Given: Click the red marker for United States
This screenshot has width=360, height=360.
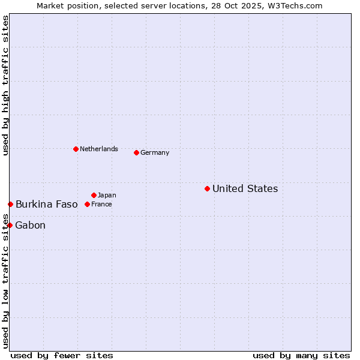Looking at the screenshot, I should (207, 188).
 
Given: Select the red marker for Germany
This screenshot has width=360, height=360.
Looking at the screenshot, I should (136, 152).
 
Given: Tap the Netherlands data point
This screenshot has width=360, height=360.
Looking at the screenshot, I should (76, 149).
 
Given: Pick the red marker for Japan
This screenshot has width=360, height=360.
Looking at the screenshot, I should (94, 195).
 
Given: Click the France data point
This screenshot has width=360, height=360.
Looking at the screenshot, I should (87, 204).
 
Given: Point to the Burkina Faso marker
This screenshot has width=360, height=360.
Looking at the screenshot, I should (10, 204).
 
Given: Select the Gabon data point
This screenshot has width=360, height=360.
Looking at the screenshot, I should (10, 225).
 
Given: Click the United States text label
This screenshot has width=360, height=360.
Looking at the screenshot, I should (245, 188).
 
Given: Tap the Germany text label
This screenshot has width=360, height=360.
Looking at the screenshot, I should (155, 152).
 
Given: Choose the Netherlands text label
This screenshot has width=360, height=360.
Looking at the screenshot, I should (98, 149).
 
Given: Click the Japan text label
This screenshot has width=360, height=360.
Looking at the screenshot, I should (107, 195).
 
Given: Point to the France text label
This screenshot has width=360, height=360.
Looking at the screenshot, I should (101, 204).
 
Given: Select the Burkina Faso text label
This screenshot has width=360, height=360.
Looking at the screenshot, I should (46, 204).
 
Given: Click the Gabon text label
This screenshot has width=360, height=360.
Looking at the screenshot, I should (30, 225).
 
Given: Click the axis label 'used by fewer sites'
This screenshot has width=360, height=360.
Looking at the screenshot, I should (62, 355).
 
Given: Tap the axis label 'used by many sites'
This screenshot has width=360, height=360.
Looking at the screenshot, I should (301, 355).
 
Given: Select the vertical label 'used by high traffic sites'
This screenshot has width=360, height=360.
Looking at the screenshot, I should (5, 85).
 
